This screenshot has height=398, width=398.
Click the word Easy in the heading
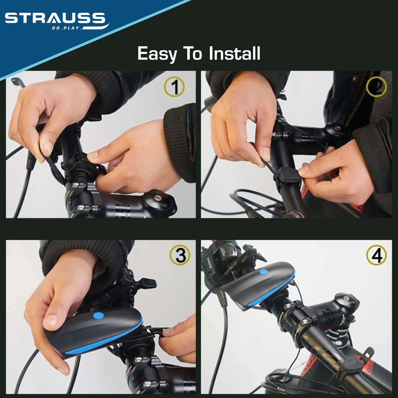pos(157,54)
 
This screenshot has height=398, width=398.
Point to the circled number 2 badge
pos(376,87)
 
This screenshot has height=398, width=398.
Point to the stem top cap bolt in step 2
pos(337,128)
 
